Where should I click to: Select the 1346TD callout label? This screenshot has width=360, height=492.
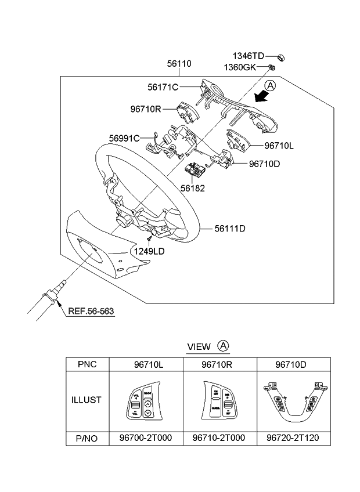(x=248, y=56)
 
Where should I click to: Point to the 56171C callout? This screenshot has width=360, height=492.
(x=163, y=87)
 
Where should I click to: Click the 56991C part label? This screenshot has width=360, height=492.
(x=124, y=138)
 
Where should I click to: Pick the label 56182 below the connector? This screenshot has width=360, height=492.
(x=192, y=188)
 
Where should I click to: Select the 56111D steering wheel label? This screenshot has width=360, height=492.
(x=230, y=229)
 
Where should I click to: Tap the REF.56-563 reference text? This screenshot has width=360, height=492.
(x=91, y=311)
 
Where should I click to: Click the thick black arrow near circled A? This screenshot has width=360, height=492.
(x=257, y=96)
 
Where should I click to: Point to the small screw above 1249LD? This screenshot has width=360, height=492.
(x=149, y=238)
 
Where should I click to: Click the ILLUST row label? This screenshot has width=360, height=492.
(x=87, y=400)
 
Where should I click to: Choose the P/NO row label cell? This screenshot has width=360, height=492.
(x=87, y=438)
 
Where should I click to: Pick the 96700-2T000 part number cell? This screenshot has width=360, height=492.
(x=145, y=438)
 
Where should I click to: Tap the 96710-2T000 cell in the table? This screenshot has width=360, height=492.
(x=219, y=438)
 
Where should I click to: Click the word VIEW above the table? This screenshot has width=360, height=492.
(x=199, y=347)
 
